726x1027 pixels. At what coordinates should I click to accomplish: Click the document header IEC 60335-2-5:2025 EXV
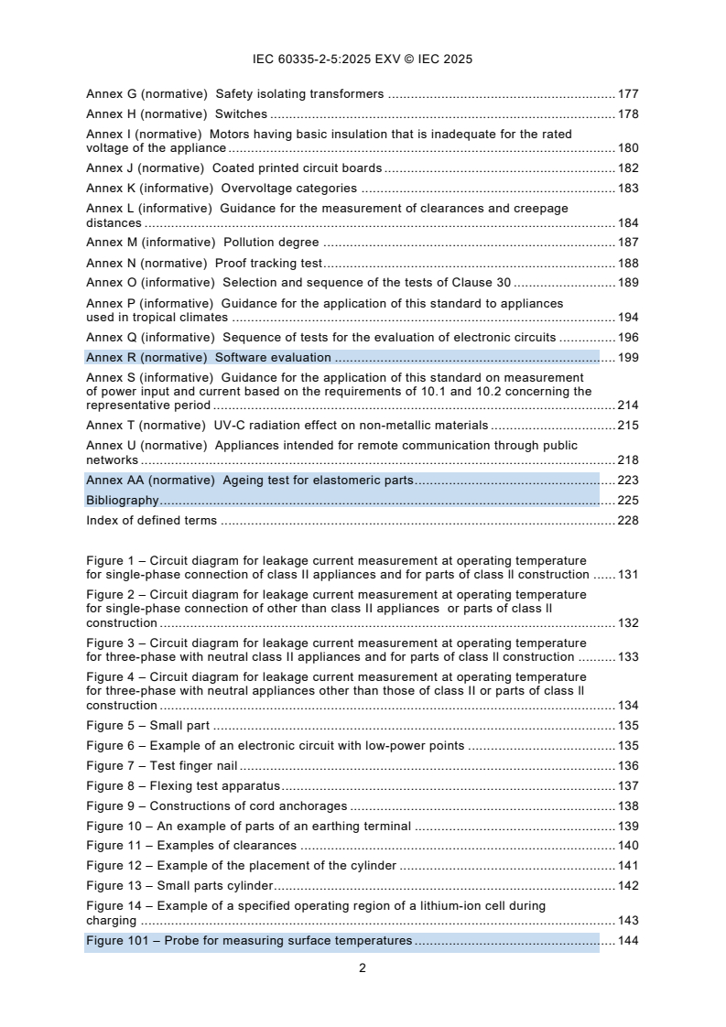click(x=362, y=59)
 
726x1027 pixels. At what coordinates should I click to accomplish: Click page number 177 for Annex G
click(x=628, y=94)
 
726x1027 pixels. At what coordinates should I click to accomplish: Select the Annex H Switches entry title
click(x=177, y=114)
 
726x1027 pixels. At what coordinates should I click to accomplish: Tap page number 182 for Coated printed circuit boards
click(x=628, y=168)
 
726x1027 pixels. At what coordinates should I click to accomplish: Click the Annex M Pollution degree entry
click(x=202, y=243)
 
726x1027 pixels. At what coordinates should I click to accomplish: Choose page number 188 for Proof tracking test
click(x=628, y=263)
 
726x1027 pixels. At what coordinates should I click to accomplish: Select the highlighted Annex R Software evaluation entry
click(x=209, y=358)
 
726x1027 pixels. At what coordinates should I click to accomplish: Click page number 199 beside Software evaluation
click(x=628, y=358)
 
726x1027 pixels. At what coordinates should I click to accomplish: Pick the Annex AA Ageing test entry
click(x=250, y=481)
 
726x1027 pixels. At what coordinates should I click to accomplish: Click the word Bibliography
click(x=123, y=501)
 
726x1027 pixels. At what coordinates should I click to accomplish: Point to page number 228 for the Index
click(x=628, y=521)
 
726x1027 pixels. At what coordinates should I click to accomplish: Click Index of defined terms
click(x=152, y=521)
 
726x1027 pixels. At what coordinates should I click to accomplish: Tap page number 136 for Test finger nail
click(x=628, y=766)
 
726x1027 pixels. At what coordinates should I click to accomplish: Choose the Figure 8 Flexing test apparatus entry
click(x=183, y=786)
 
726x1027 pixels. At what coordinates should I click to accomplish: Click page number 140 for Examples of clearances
click(x=628, y=846)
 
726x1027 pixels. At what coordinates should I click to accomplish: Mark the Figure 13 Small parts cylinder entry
click(x=180, y=886)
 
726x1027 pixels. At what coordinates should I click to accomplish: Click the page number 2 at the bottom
click(x=363, y=968)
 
